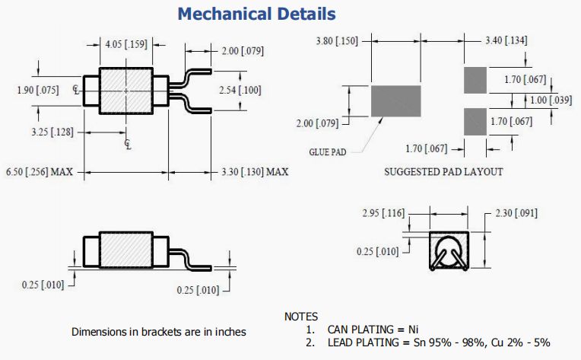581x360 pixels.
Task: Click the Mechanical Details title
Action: tap(256, 14)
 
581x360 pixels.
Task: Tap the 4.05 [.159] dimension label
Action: tap(126, 43)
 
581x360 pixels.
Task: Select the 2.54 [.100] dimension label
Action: tap(239, 91)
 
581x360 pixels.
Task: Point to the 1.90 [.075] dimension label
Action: tap(37, 90)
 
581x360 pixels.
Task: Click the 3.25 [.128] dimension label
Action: tap(52, 132)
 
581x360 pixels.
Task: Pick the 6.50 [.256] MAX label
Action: tap(39, 171)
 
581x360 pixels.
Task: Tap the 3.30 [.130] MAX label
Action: tap(255, 171)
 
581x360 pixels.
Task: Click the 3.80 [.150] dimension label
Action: tap(336, 40)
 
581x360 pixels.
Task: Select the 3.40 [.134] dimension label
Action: tap(506, 40)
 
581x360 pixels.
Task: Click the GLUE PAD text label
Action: tap(327, 151)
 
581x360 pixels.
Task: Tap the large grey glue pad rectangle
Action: tap(395, 101)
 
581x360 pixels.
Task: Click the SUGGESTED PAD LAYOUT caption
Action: tap(443, 171)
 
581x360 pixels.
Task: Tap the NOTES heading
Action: tap(301, 316)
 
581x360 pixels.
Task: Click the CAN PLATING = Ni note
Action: tap(373, 330)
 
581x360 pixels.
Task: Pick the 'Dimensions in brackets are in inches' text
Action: tap(158, 332)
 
